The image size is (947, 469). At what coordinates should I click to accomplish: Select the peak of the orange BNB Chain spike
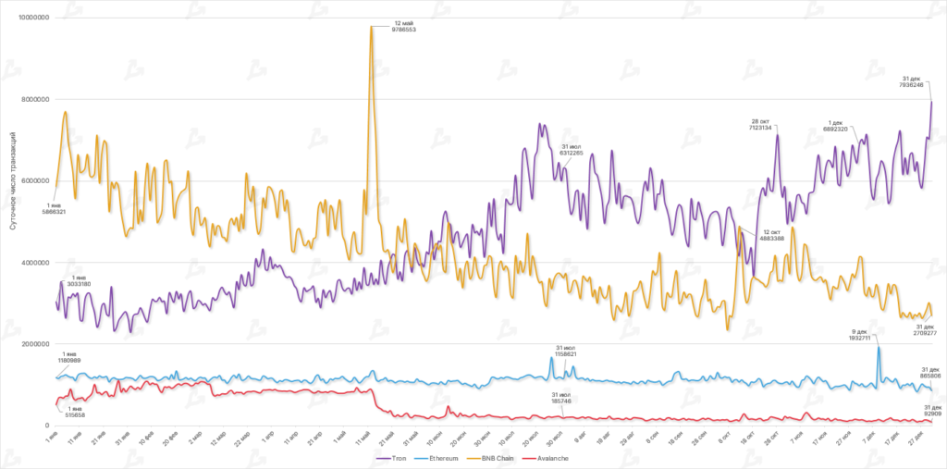[372, 27]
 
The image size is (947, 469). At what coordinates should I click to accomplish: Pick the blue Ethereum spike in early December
[878, 349]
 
